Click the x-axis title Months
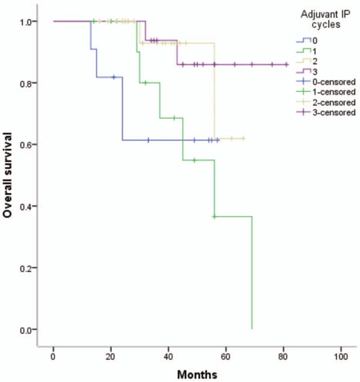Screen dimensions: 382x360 tap(197, 374)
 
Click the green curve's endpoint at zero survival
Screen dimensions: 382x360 tap(252, 329)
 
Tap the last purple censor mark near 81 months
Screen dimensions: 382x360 tap(286, 65)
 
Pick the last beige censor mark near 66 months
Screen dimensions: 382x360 tap(243, 138)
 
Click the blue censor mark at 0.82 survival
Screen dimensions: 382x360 tap(114, 77)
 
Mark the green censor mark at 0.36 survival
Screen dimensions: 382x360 tap(214, 217)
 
